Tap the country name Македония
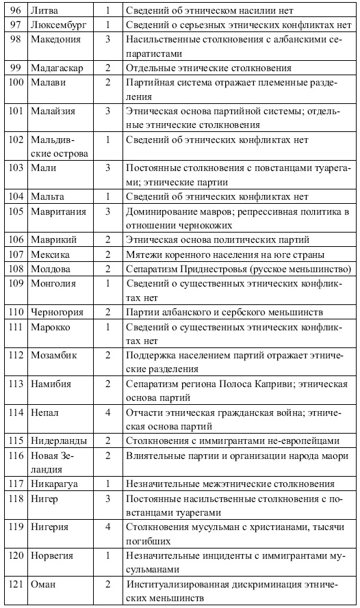point(56,39)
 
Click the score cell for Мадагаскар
point(107,68)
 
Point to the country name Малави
point(48,82)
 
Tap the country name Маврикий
point(53,239)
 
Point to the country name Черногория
point(57,312)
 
